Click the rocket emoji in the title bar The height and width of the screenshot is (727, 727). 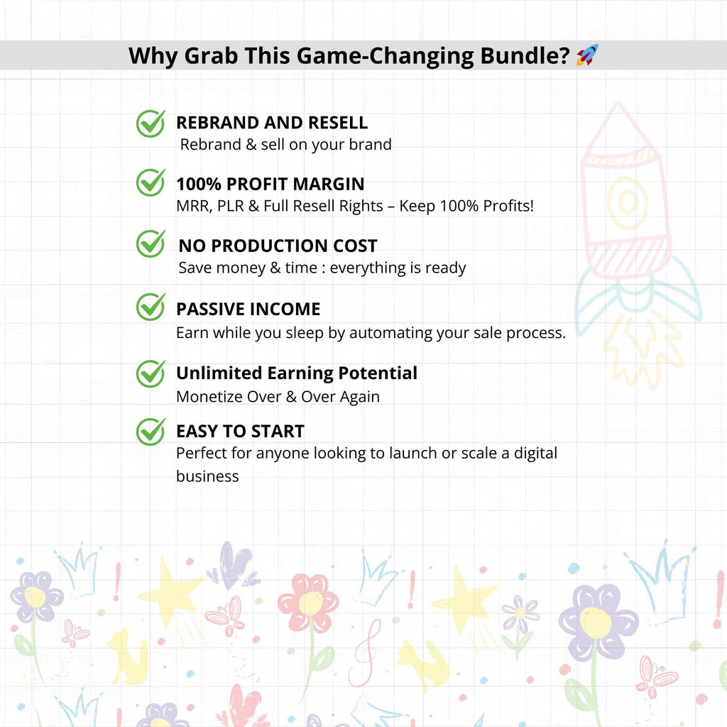coord(587,55)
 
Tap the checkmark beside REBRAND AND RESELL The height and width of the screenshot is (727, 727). coord(151,124)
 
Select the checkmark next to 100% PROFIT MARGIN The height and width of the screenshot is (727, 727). coord(151,182)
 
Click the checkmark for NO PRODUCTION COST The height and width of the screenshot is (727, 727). coord(151,244)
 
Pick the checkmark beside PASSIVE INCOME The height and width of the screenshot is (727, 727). coord(151,307)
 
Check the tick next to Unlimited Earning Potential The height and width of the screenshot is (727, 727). coord(151,373)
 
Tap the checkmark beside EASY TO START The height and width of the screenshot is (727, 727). coord(151,432)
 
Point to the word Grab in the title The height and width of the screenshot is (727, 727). coord(211,55)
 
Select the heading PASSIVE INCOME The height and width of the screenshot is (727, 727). coord(248,309)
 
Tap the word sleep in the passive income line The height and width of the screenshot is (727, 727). coord(304,334)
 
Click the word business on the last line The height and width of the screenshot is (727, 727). coord(207,476)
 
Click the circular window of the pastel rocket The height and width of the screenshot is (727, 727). coord(628,202)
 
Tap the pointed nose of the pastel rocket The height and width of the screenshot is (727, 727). coord(618,104)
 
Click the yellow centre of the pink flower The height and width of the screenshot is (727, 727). coord(310,603)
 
